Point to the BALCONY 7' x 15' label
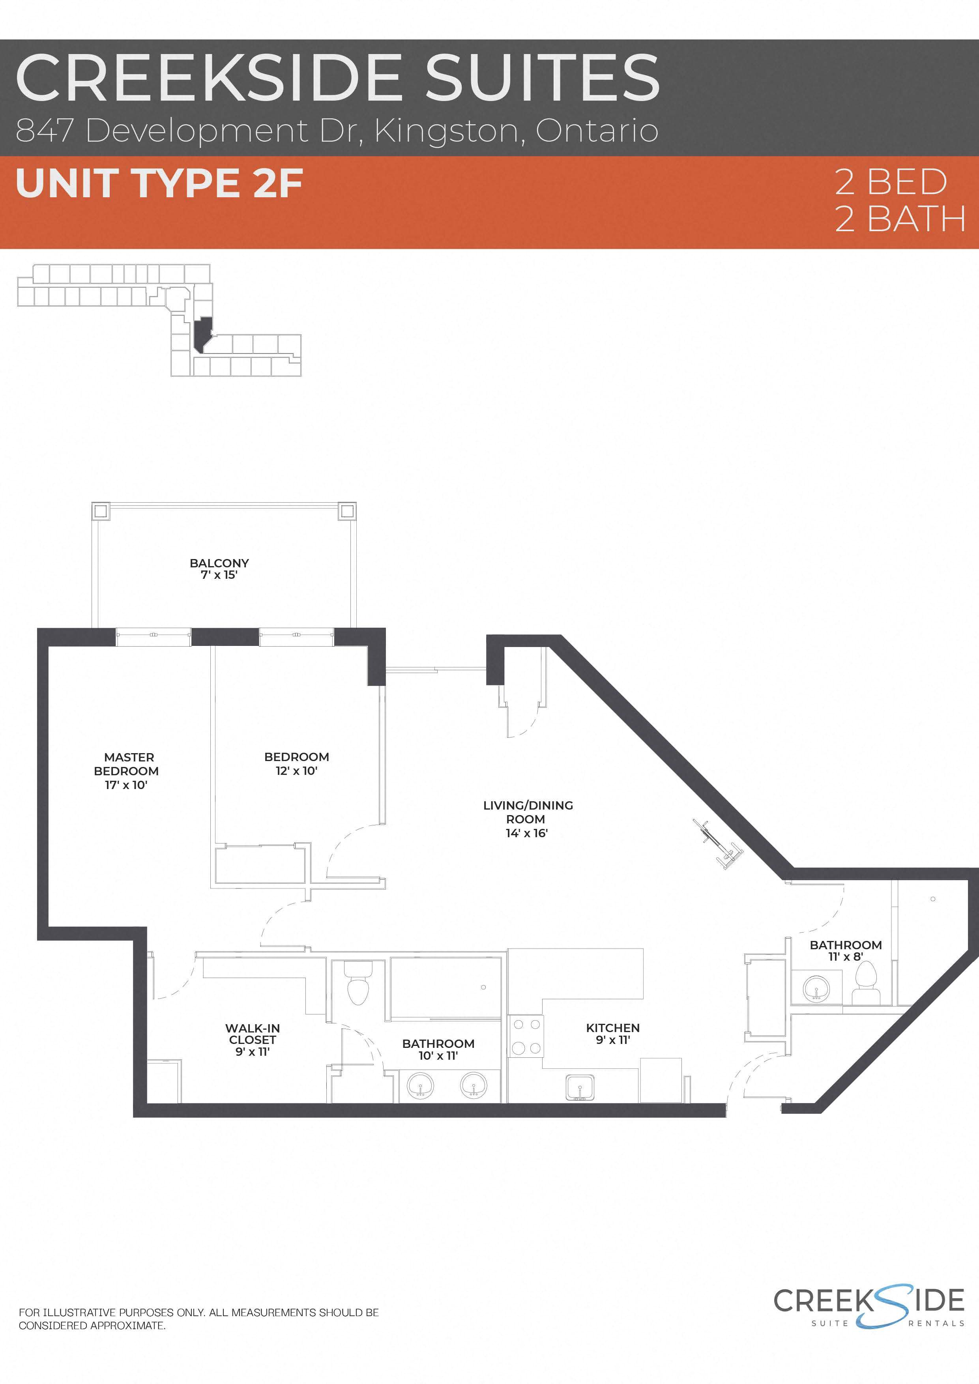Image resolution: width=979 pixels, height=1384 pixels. point(219,569)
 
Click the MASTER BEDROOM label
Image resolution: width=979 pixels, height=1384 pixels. point(127,771)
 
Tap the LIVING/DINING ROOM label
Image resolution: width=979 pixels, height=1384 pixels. point(528,819)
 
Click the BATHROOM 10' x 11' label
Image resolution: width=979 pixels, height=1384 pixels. point(438,1049)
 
